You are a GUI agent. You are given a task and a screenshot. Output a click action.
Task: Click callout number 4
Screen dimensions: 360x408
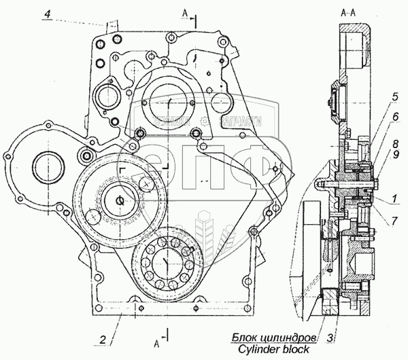(x=46, y=15)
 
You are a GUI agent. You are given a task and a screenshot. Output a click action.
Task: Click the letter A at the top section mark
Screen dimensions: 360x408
(x=185, y=13)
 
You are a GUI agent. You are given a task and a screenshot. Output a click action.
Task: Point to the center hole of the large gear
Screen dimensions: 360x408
(x=120, y=200)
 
